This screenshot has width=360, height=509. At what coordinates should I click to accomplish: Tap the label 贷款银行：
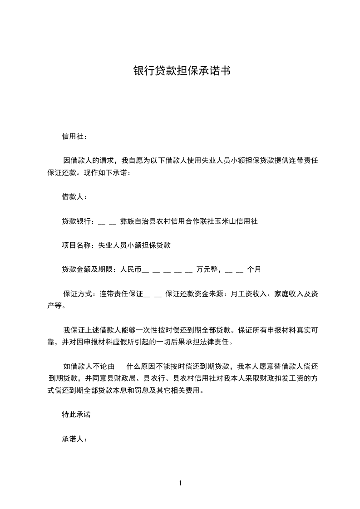click(x=78, y=221)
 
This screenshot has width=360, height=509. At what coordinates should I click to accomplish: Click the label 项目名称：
click(x=78, y=245)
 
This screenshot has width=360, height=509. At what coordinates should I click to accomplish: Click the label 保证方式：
click(x=80, y=294)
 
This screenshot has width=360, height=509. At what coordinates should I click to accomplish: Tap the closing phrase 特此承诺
click(x=76, y=415)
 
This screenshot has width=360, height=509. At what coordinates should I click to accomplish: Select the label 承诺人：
click(x=74, y=439)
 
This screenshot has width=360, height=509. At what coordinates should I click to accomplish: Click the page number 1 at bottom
click(x=180, y=483)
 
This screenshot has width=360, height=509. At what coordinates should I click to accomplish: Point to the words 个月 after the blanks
click(x=254, y=269)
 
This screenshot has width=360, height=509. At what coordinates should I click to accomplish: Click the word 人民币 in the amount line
click(x=131, y=269)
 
